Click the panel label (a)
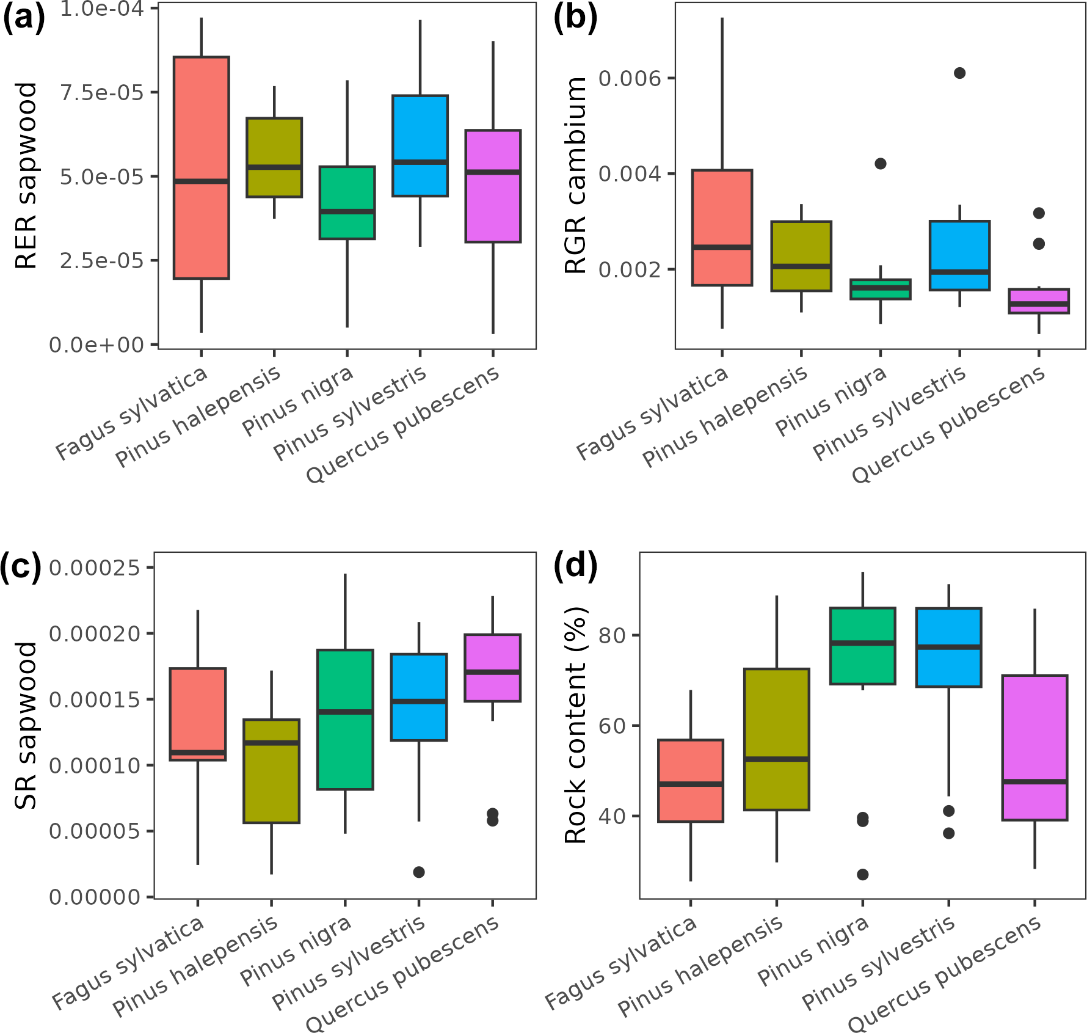point(23,18)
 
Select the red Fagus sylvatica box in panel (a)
point(201,167)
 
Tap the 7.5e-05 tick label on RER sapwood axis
point(101,93)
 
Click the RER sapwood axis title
point(26,176)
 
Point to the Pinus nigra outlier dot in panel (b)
point(880,164)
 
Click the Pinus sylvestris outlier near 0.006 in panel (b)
point(959,73)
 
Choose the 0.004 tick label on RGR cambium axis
point(630,174)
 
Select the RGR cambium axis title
point(576,176)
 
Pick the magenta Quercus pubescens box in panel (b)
point(1038,301)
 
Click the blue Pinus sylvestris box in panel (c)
point(419,697)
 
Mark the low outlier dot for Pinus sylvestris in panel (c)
point(419,872)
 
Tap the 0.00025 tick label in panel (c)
point(95,568)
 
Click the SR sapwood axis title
point(26,726)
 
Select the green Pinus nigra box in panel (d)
point(862,646)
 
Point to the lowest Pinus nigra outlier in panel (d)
point(862,874)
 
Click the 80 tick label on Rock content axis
point(612,636)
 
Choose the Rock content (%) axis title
point(576,726)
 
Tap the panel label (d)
point(574,565)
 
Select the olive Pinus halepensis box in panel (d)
point(776,739)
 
